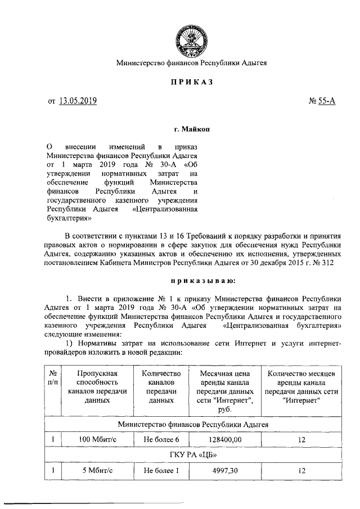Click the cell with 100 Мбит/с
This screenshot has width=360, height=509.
coord(91,439)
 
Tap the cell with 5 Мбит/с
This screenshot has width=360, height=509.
coord(91,470)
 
